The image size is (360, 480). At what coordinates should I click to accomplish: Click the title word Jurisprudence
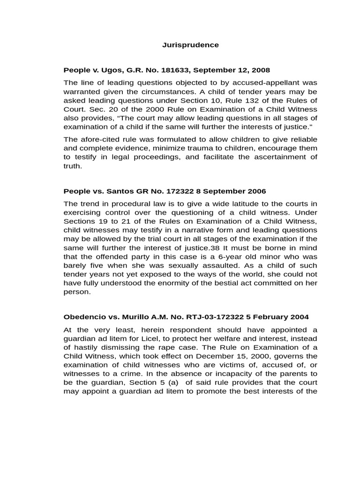[190, 45]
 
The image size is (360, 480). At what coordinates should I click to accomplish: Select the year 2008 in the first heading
[261, 70]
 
